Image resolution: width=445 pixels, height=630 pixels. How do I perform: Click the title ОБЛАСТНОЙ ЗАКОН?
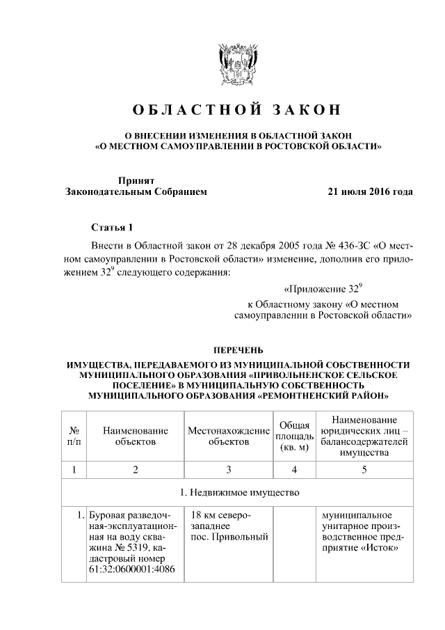tap(237, 110)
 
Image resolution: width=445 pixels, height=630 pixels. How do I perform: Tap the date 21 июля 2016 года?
tap(370, 191)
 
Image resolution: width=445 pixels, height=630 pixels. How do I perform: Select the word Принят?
tap(136, 180)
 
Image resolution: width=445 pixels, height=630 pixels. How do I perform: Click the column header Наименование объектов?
tap(136, 436)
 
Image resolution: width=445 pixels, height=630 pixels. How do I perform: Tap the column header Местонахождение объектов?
tap(229, 436)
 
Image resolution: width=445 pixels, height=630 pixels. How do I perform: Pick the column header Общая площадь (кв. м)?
tap(293, 436)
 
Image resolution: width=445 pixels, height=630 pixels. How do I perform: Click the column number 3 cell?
tap(229, 469)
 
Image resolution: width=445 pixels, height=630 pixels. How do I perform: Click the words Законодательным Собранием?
tap(136, 191)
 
